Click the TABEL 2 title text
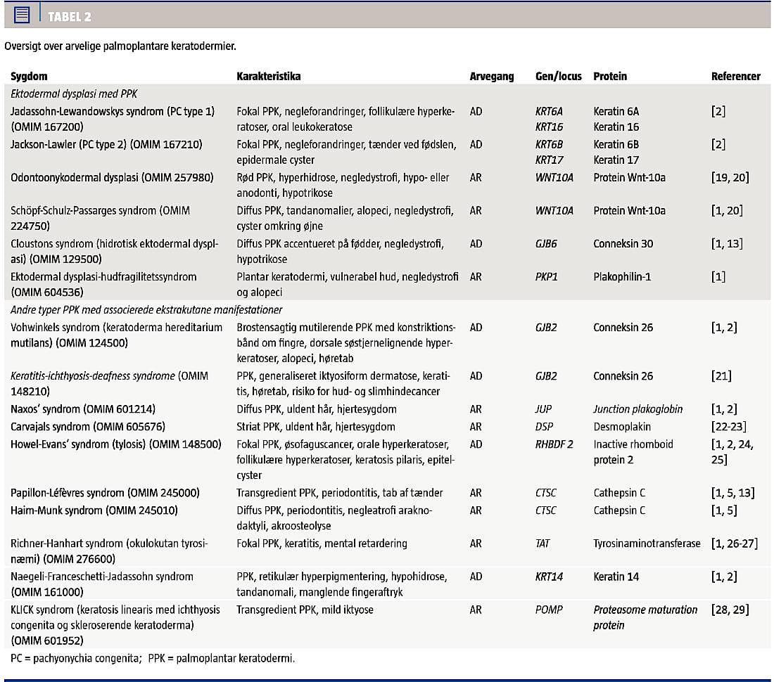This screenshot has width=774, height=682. click(x=70, y=16)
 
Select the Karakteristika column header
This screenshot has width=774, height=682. click(x=268, y=76)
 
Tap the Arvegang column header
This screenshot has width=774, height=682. click(x=492, y=76)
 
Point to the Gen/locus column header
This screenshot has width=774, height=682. click(x=558, y=76)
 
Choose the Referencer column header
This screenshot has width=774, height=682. click(x=735, y=76)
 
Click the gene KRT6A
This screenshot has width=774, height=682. click(x=549, y=111)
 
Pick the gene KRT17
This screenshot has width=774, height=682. click(x=548, y=160)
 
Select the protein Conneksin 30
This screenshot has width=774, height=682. click(x=623, y=243)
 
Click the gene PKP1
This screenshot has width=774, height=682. click(x=547, y=276)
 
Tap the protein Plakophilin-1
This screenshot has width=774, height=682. click(x=622, y=276)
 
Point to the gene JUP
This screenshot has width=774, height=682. click(x=544, y=408)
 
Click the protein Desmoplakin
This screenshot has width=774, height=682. click(x=621, y=426)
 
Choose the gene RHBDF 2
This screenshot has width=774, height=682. click(x=554, y=444)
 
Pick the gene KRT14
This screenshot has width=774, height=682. click(x=548, y=576)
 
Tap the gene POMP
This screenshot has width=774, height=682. click(x=549, y=609)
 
